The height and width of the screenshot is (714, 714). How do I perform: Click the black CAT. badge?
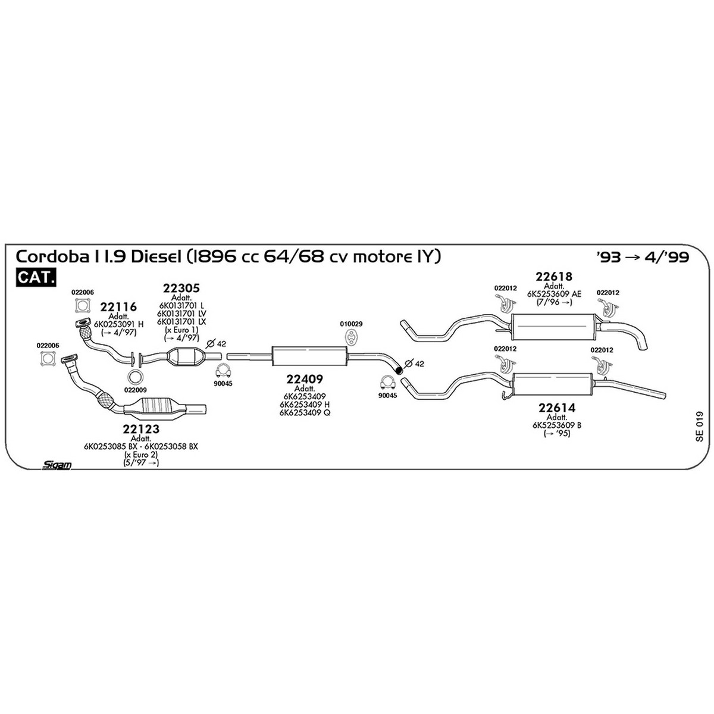(x=36, y=277)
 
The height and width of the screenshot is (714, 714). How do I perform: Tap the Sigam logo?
(x=57, y=465)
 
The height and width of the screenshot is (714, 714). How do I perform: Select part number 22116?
(x=118, y=307)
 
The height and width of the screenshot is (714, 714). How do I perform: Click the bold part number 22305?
(x=181, y=288)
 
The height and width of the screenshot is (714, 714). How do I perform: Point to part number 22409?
(x=305, y=379)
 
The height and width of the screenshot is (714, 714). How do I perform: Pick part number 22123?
(x=141, y=428)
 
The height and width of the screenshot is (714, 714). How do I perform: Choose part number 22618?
(x=554, y=277)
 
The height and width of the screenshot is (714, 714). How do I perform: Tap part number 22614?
(x=557, y=408)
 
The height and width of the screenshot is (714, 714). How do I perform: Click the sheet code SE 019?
(x=699, y=426)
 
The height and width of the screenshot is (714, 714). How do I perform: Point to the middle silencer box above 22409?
(x=309, y=356)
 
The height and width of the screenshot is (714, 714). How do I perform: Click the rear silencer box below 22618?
(x=553, y=327)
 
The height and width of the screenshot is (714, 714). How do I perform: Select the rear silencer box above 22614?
(x=553, y=384)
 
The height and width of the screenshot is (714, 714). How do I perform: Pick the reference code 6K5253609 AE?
(x=555, y=294)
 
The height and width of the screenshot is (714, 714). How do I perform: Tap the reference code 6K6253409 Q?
(x=305, y=412)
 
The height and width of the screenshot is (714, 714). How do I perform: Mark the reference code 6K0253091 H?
(x=118, y=324)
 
